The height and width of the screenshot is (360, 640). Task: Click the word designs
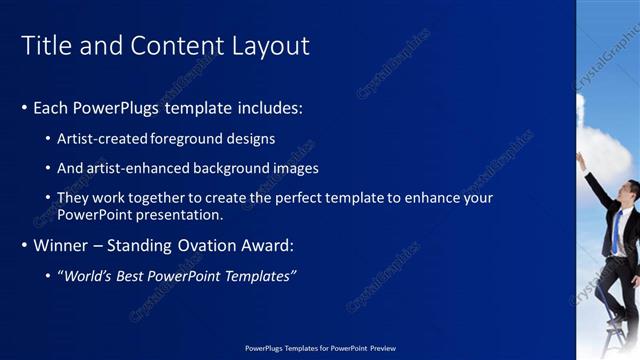click(251, 139)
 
